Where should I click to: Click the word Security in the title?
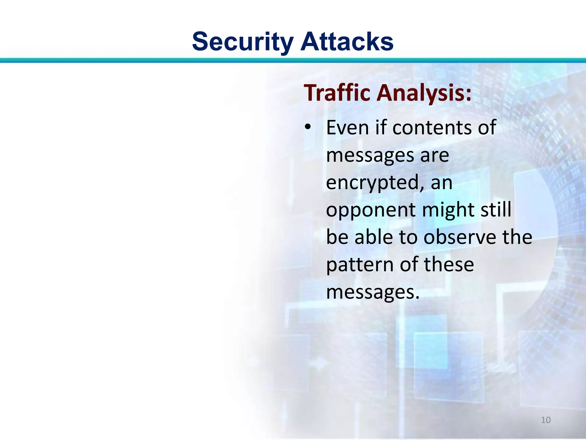tap(243, 42)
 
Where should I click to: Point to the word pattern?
tap(360, 265)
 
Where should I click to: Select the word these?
tap(449, 264)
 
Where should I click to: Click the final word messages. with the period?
tap(373, 292)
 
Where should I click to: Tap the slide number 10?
tap(546, 420)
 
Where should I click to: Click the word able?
tap(373, 237)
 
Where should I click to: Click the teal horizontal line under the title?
tap(293, 60)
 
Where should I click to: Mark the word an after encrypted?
tap(442, 183)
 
